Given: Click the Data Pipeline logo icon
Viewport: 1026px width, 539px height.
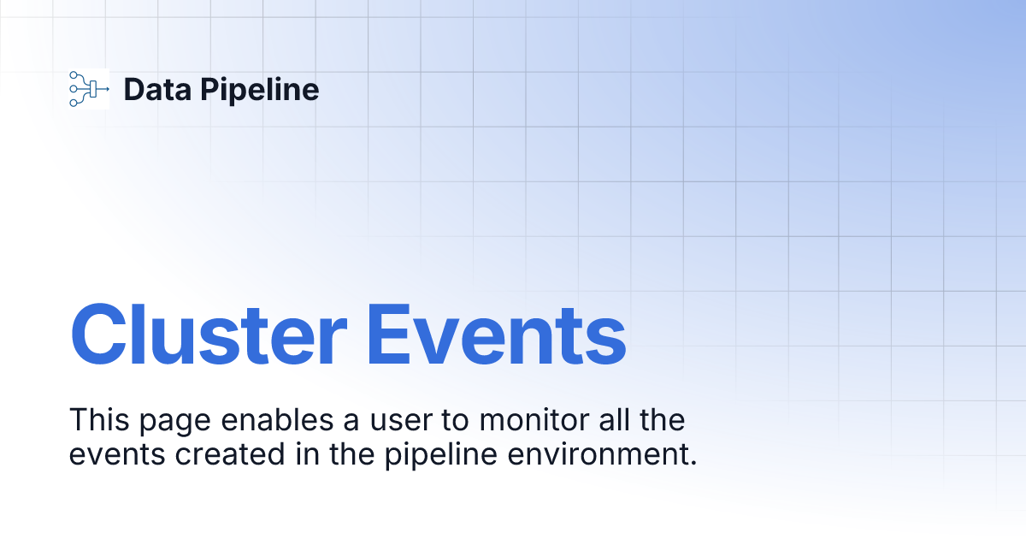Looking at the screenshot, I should click(88, 88).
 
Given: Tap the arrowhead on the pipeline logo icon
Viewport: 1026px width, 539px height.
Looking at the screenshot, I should click(107, 88).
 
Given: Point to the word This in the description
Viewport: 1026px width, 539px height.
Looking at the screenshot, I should click(95, 420).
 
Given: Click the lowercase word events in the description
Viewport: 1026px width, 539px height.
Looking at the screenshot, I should click(116, 454).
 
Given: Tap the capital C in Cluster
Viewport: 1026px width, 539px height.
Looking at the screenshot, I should click(102, 334).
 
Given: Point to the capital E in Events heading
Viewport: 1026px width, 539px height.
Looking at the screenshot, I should click(391, 334).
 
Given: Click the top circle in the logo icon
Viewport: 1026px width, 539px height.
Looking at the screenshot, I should click(74, 75).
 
